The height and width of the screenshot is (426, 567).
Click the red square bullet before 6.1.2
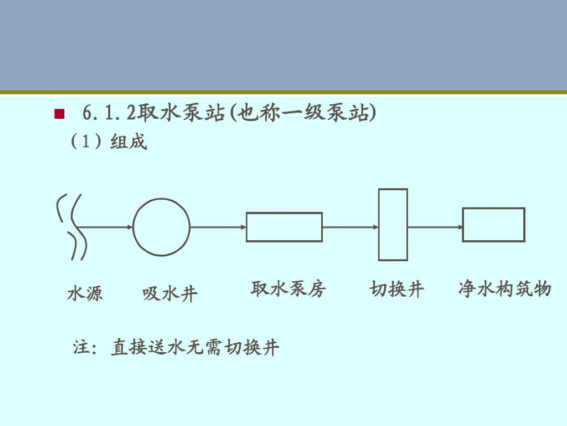click(60, 115)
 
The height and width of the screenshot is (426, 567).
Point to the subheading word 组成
click(128, 142)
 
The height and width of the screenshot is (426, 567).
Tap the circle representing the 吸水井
click(161, 227)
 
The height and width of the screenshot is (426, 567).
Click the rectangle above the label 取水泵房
click(284, 227)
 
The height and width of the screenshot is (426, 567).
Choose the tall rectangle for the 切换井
click(393, 225)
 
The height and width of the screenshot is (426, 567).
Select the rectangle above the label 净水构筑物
click(493, 225)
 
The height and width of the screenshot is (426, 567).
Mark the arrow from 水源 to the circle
click(108, 227)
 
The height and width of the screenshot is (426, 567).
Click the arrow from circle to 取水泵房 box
click(218, 227)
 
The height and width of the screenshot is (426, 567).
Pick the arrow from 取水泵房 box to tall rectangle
click(350, 227)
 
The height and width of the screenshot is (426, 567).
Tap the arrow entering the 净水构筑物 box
click(435, 227)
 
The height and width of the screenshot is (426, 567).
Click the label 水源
click(85, 293)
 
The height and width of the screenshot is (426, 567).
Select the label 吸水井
click(170, 293)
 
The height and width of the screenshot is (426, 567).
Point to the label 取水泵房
click(288, 288)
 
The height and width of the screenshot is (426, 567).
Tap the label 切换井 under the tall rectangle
click(396, 289)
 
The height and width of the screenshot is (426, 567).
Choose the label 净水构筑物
click(504, 289)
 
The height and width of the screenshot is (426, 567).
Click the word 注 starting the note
click(81, 348)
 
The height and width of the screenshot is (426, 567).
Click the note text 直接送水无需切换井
click(195, 348)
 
